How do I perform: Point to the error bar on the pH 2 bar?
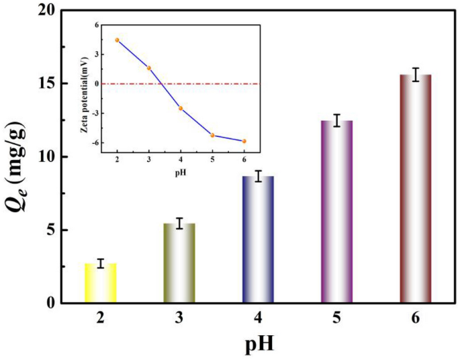101,263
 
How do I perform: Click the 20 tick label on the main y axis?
47,11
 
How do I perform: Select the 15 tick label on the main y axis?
47,84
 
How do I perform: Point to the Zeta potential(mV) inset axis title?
85,85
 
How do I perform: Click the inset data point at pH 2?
117,40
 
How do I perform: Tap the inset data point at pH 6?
244,141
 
